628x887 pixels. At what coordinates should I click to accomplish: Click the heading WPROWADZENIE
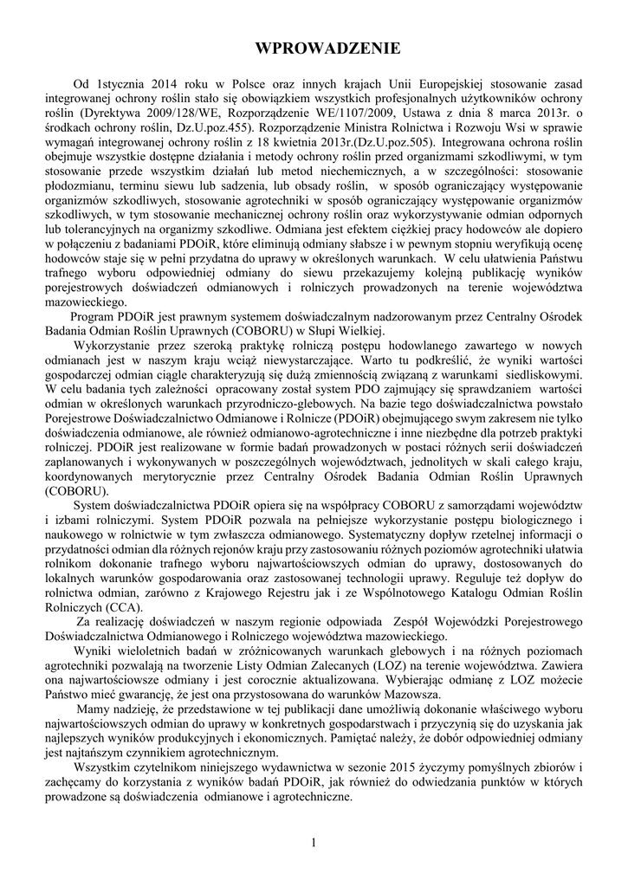click(314, 48)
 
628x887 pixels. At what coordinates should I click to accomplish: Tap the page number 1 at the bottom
click(314, 843)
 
